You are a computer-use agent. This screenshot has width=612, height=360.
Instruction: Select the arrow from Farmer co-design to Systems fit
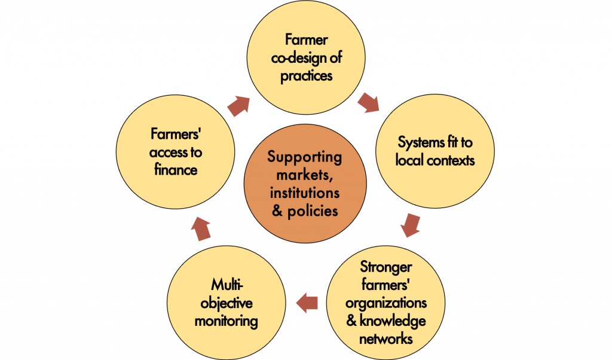coord(369,103)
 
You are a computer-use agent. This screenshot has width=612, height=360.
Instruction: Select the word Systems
coord(418,144)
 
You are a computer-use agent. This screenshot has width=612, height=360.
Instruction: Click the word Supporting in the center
coord(305,158)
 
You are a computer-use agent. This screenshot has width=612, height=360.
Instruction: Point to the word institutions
coord(305,193)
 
